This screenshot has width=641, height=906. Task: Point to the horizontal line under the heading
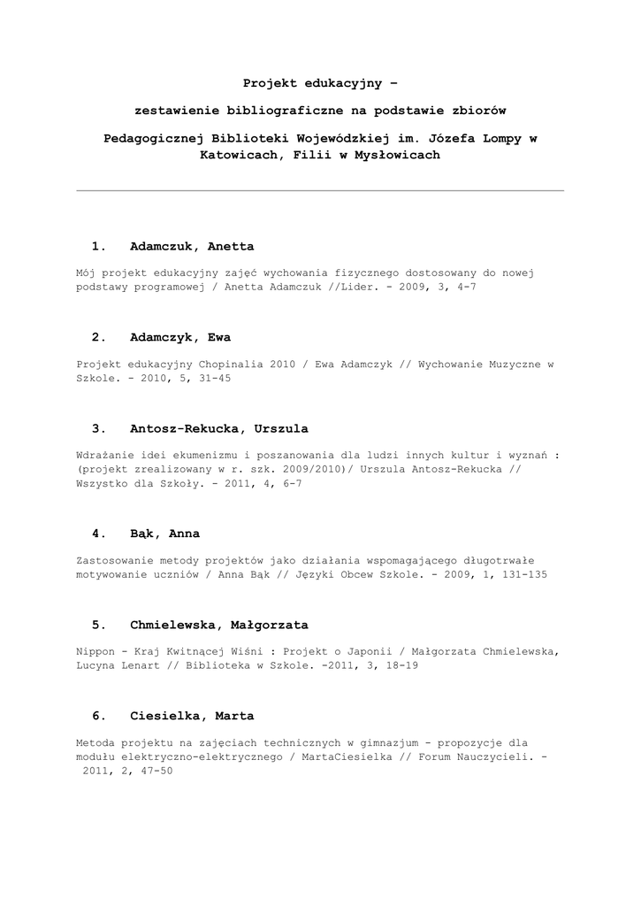(x=320, y=190)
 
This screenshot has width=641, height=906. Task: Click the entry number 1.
(x=98, y=246)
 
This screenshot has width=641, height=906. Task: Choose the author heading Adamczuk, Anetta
(x=192, y=246)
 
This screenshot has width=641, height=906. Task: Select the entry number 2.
(x=98, y=337)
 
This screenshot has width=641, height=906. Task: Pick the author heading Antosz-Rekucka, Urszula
(x=219, y=428)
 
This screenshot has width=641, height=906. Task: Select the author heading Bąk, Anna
(x=164, y=534)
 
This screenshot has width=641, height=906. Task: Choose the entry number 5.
(x=98, y=625)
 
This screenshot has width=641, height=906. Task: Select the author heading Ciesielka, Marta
(x=192, y=716)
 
